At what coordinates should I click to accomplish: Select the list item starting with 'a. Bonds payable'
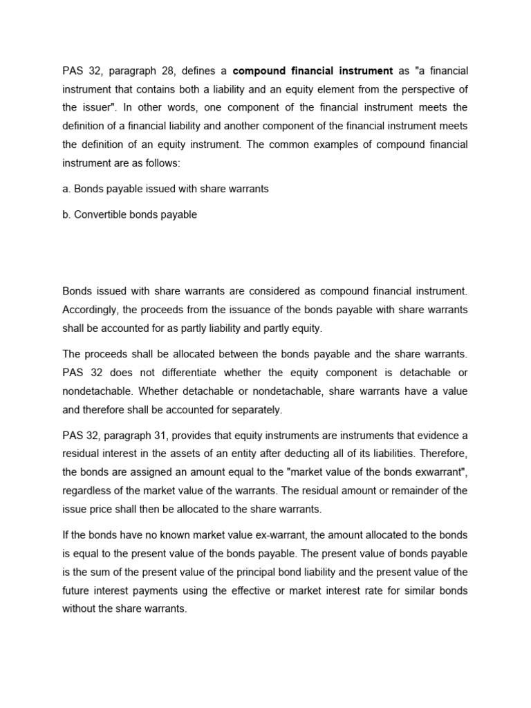point(165,188)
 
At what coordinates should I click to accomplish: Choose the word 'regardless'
point(88,490)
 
